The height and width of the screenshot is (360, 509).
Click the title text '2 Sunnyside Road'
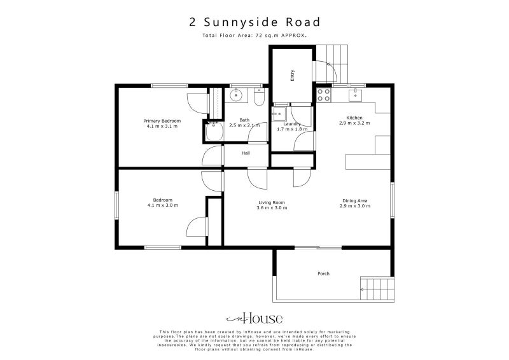(254, 22)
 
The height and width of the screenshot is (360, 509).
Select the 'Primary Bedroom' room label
(162, 121)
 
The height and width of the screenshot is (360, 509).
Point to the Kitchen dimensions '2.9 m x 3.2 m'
(354, 123)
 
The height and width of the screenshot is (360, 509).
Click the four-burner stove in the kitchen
(324, 95)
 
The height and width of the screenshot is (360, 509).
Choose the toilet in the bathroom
(258, 97)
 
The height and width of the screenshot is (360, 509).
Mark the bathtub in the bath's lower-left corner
(213, 132)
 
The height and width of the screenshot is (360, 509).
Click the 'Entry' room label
(293, 75)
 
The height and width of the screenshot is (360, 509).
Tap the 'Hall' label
(245, 153)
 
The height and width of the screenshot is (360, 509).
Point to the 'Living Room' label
(270, 202)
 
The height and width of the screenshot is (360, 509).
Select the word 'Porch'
(323, 273)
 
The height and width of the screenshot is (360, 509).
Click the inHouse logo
(254, 319)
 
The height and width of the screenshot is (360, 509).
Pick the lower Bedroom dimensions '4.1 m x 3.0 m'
(162, 205)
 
